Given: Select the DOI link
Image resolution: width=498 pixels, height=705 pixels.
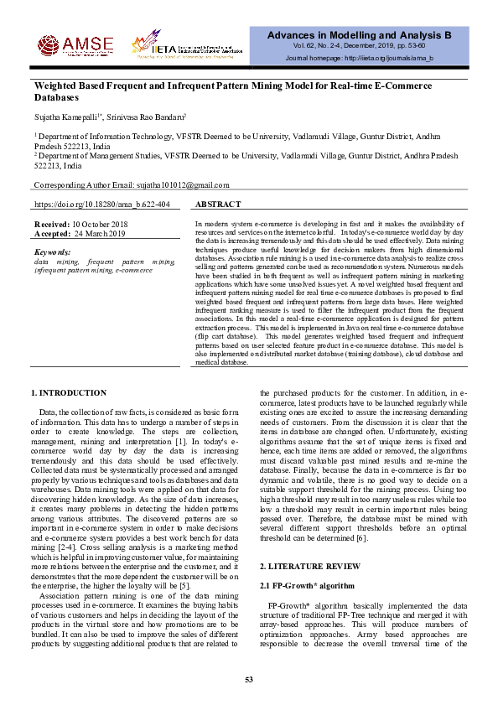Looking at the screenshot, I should pyautogui.click(x=102, y=205).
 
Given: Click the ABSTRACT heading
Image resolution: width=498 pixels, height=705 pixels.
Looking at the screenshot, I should pyautogui.click(x=218, y=205).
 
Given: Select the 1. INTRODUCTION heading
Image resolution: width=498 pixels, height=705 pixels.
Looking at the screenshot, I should pyautogui.click(x=69, y=393).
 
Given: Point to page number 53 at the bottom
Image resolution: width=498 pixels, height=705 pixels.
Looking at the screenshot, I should pyautogui.click(x=249, y=678).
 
